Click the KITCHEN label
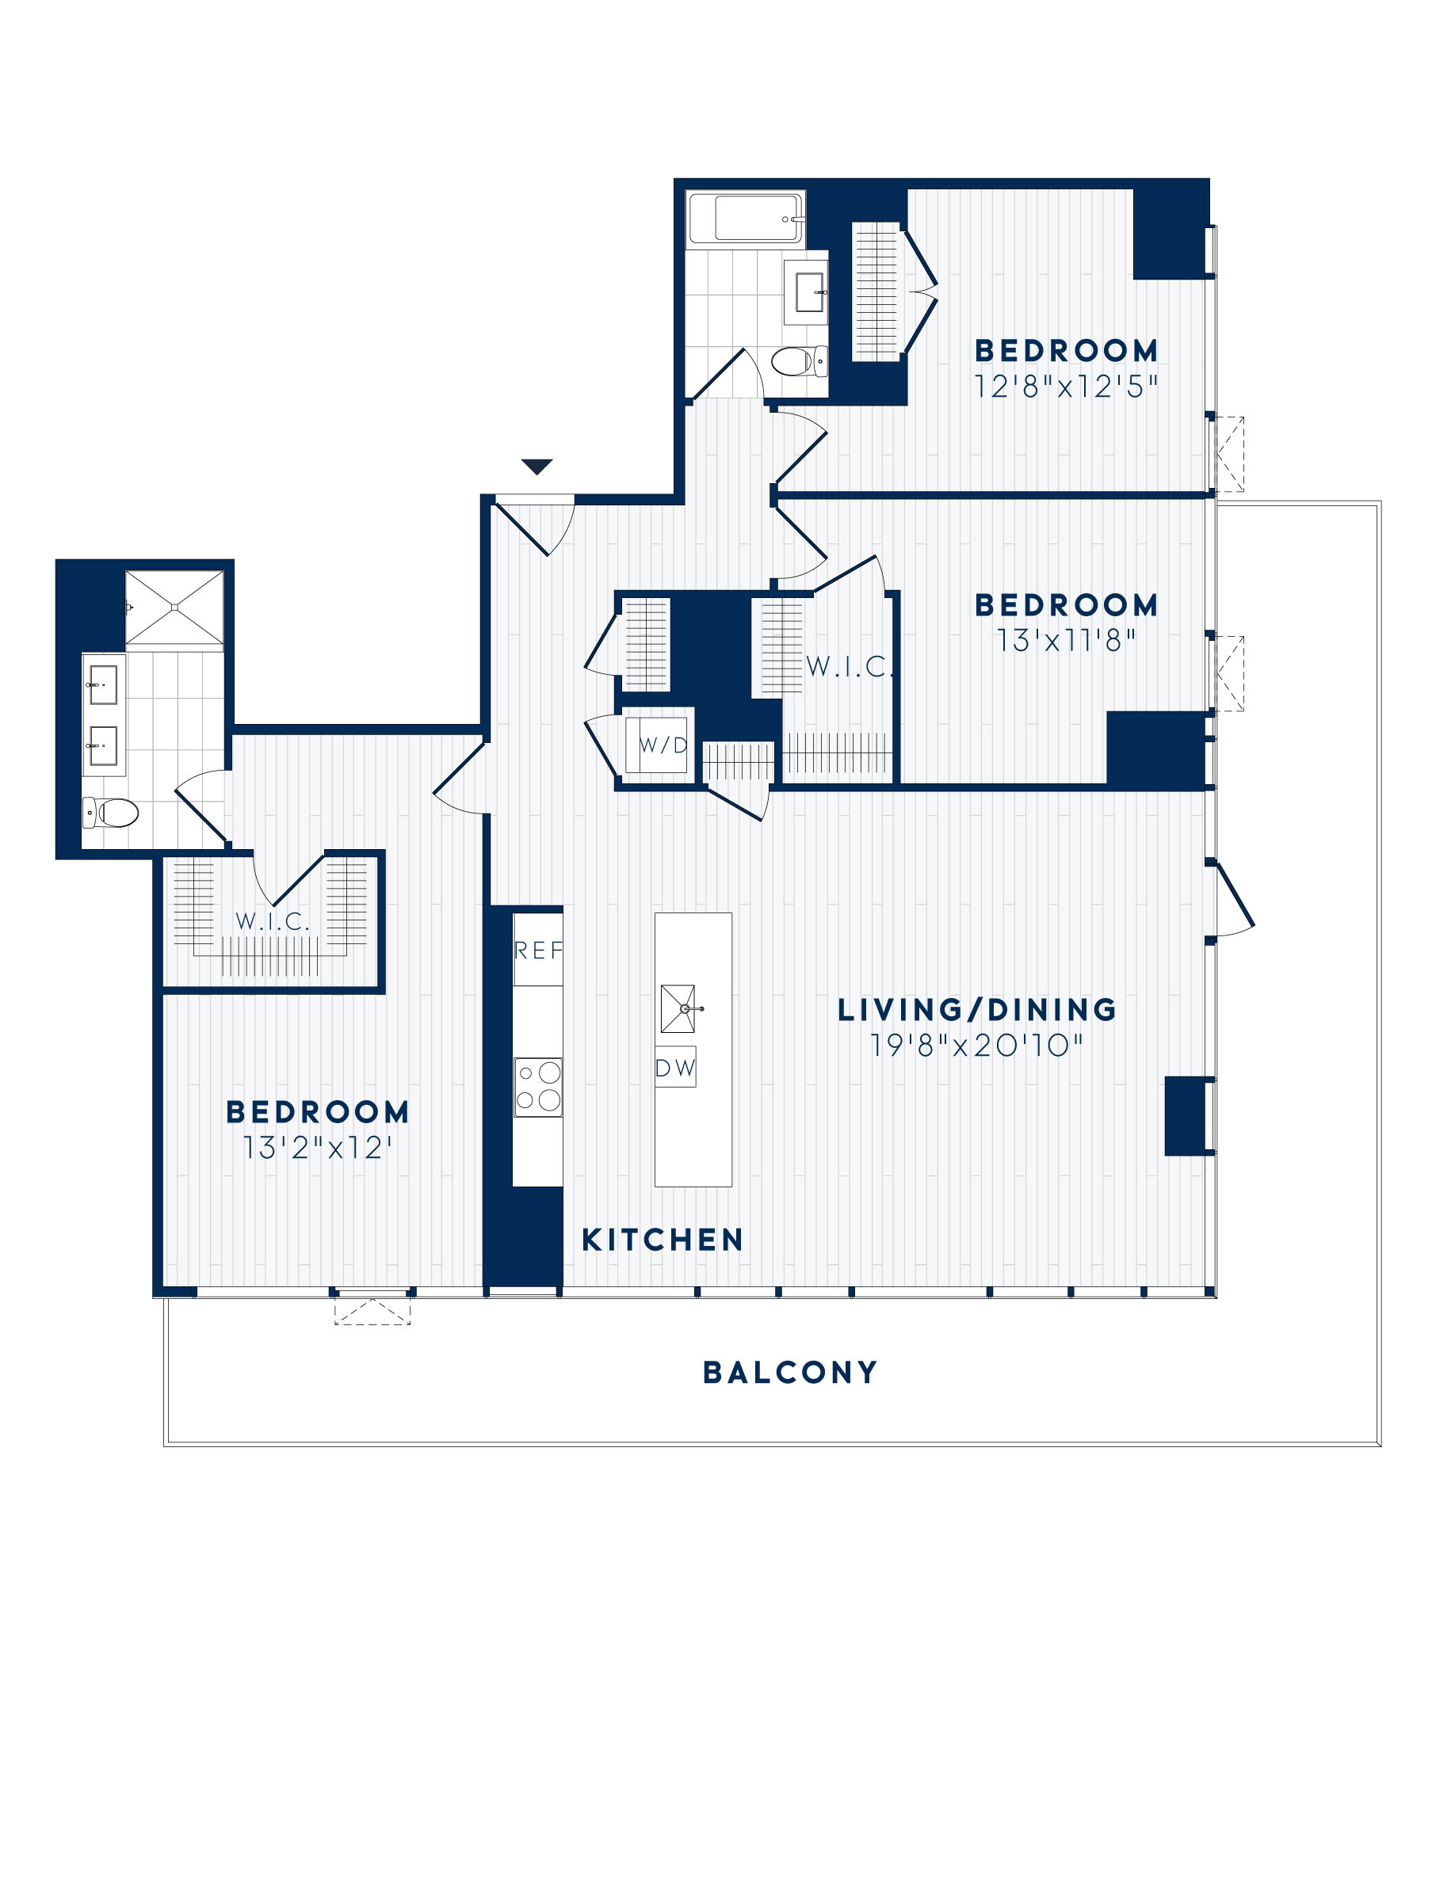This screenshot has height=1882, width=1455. pos(662,1240)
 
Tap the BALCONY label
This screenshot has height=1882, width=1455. pos(790,1373)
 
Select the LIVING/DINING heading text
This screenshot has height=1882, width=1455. pos(976,1010)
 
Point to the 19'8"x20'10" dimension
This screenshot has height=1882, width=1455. pos(976,1046)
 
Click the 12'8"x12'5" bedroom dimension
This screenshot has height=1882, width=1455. pos(1065,387)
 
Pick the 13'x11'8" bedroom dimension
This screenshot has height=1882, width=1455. pos(1066,640)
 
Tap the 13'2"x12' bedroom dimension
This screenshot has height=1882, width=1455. pos(317,1148)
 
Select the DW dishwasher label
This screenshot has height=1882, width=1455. pos(675,1069)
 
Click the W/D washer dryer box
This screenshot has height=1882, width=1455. pos(662,745)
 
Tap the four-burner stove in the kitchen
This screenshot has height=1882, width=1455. pos(539,1088)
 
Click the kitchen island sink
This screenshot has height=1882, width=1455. pos(678,1008)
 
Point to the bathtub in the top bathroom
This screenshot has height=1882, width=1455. pos(746,219)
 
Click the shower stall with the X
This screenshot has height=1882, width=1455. pos(174,607)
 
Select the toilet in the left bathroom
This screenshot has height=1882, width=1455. pos(112,812)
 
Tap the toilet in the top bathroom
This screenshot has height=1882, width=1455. pos(798,361)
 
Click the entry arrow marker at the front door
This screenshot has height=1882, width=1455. pos(537,467)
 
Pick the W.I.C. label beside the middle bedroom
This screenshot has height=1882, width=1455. pos(850,666)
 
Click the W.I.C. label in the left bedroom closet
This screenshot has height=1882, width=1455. pos(273,921)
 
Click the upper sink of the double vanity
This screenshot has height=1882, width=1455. pos(104,685)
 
